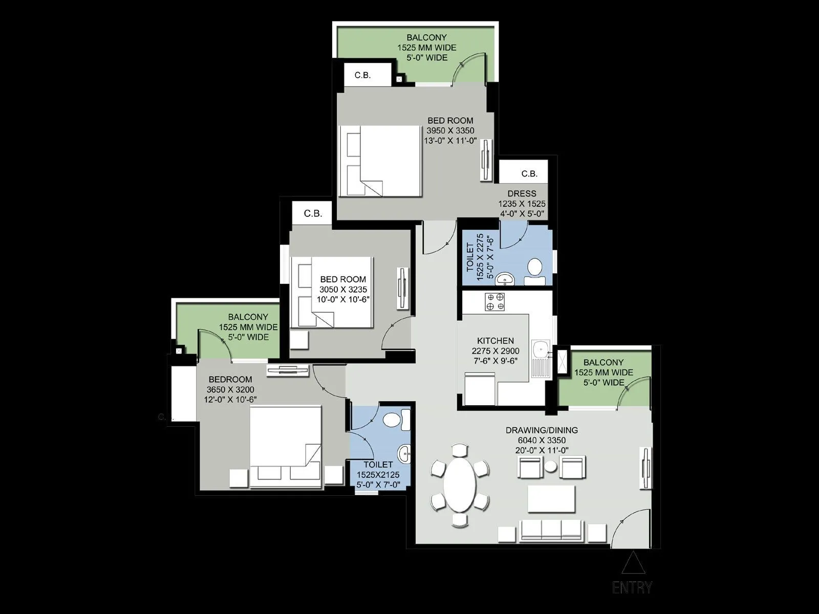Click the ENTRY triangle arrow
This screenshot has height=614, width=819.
coord(633,564)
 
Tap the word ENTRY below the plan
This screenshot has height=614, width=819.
coord(633,588)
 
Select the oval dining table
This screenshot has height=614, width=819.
coord(460,484)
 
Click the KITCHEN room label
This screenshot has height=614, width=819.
coord(495,341)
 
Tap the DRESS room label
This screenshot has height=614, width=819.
coord(522,193)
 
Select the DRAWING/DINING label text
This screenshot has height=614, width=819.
coord(542,430)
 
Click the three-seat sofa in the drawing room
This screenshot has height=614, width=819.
coord(551,531)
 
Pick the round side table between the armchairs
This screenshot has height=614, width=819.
coord(551,467)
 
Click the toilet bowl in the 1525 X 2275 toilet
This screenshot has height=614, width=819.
coord(535,267)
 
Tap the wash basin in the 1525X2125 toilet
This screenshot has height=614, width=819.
coord(405,453)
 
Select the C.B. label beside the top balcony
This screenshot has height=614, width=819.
coord(362,75)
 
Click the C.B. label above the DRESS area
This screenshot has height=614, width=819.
coord(529,173)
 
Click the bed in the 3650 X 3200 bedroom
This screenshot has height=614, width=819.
coord(286,445)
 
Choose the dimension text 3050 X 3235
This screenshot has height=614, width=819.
coord(343,289)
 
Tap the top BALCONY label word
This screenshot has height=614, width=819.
coord(426,37)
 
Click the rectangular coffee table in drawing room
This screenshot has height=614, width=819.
coord(552,499)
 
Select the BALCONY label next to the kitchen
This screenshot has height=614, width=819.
coord(604,363)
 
